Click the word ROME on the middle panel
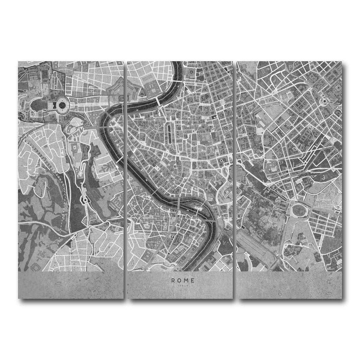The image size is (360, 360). click(x=183, y=280)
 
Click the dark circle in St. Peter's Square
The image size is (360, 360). click(x=62, y=105)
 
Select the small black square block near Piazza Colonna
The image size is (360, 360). click(x=214, y=117)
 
